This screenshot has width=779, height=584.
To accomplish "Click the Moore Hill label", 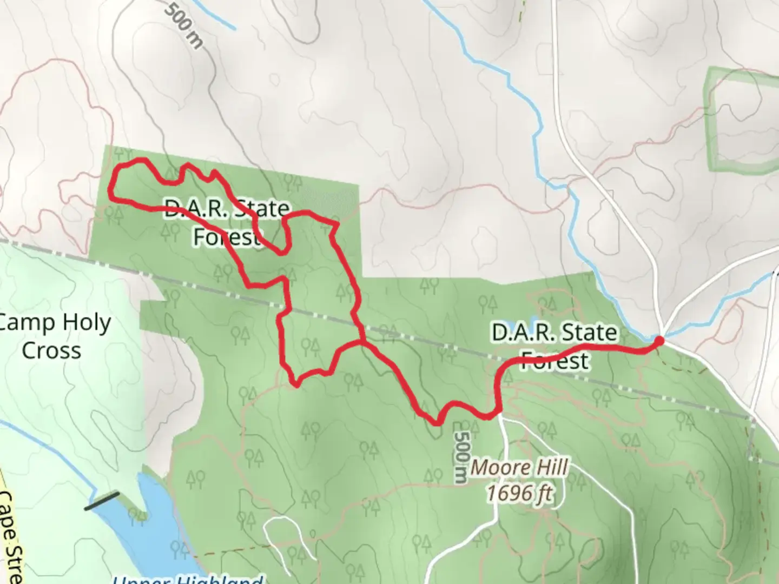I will tap(519, 467).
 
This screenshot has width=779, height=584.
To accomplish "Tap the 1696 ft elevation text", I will tap(519, 493).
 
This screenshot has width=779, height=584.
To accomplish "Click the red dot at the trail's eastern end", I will tap(659, 340).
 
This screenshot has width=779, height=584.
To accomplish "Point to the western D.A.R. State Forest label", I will tap(226, 222).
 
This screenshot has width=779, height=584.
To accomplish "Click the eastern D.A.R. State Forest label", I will tap(554, 346).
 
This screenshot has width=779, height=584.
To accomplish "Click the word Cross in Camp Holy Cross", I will tap(52, 350).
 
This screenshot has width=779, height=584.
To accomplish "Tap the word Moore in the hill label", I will tap(493, 467).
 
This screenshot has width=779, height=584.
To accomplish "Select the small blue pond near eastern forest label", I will tap(533, 319).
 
